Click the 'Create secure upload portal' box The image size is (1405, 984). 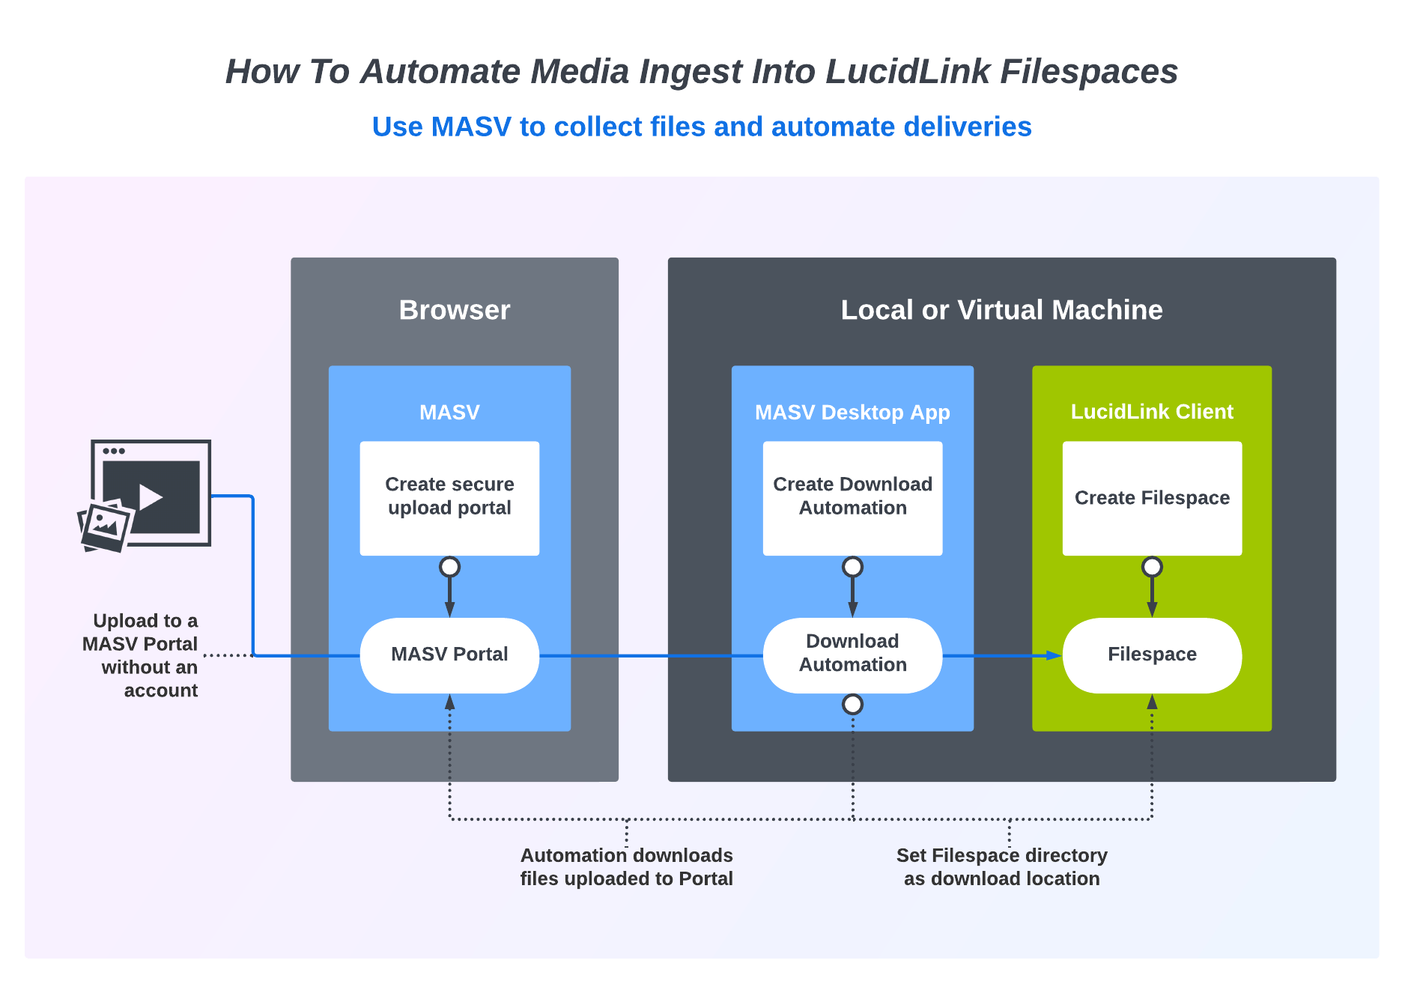[449, 498]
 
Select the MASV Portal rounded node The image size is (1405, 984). [449, 655]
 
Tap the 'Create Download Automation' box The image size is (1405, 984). [852, 498]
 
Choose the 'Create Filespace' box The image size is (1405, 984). [1152, 498]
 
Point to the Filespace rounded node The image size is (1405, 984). [1152, 655]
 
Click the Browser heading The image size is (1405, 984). [455, 310]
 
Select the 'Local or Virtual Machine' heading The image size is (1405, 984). [1001, 310]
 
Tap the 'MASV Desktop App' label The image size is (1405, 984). [852, 412]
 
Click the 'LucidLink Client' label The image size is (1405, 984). [1152, 411]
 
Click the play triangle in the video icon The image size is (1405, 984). [150, 497]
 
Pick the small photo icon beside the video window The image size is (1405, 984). [105, 526]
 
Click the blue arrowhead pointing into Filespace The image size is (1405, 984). [1054, 655]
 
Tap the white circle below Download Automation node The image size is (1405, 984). [852, 704]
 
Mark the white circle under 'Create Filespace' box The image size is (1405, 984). [1152, 567]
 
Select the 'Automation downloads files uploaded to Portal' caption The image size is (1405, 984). [626, 866]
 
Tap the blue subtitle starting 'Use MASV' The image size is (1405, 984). [702, 127]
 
